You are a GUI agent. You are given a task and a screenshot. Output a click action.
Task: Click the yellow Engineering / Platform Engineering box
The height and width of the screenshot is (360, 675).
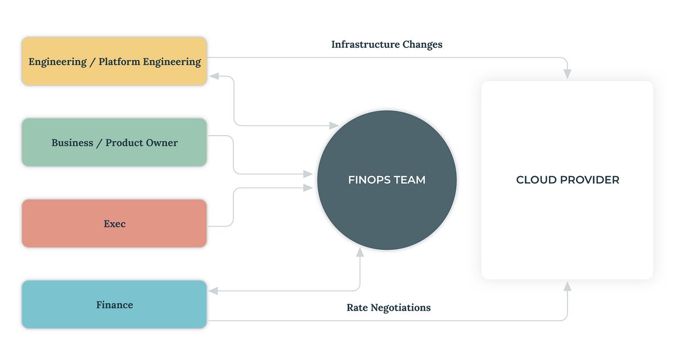coord(114,61)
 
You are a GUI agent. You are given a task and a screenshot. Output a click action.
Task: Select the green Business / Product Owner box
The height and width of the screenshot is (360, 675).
coord(114,142)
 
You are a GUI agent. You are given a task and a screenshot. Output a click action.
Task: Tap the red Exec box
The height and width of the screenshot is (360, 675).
coord(114,223)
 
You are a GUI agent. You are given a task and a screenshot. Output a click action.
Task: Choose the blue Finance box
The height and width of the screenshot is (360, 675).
coord(114,304)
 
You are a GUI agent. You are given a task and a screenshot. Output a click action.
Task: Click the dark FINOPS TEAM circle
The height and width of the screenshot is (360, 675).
coord(386,180)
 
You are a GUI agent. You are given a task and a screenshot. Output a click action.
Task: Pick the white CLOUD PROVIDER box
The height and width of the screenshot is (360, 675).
coord(567,180)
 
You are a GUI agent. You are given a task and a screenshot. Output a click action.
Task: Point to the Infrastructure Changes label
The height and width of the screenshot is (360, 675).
coord(386,44)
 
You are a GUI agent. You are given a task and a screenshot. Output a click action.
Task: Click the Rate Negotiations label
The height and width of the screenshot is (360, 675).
coord(388,308)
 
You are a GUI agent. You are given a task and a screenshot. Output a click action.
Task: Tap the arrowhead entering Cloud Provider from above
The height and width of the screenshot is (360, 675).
coord(567,74)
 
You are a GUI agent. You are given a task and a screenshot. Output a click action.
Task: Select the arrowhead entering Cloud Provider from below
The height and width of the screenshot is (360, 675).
coord(567,286)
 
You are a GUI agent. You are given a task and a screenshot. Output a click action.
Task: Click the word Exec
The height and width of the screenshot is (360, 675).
coord(114,223)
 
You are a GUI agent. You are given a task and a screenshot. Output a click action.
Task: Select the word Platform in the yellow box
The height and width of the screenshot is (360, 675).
coord(119,61)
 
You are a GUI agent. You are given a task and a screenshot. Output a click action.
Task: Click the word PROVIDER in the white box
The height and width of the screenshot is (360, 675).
coord(591,180)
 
